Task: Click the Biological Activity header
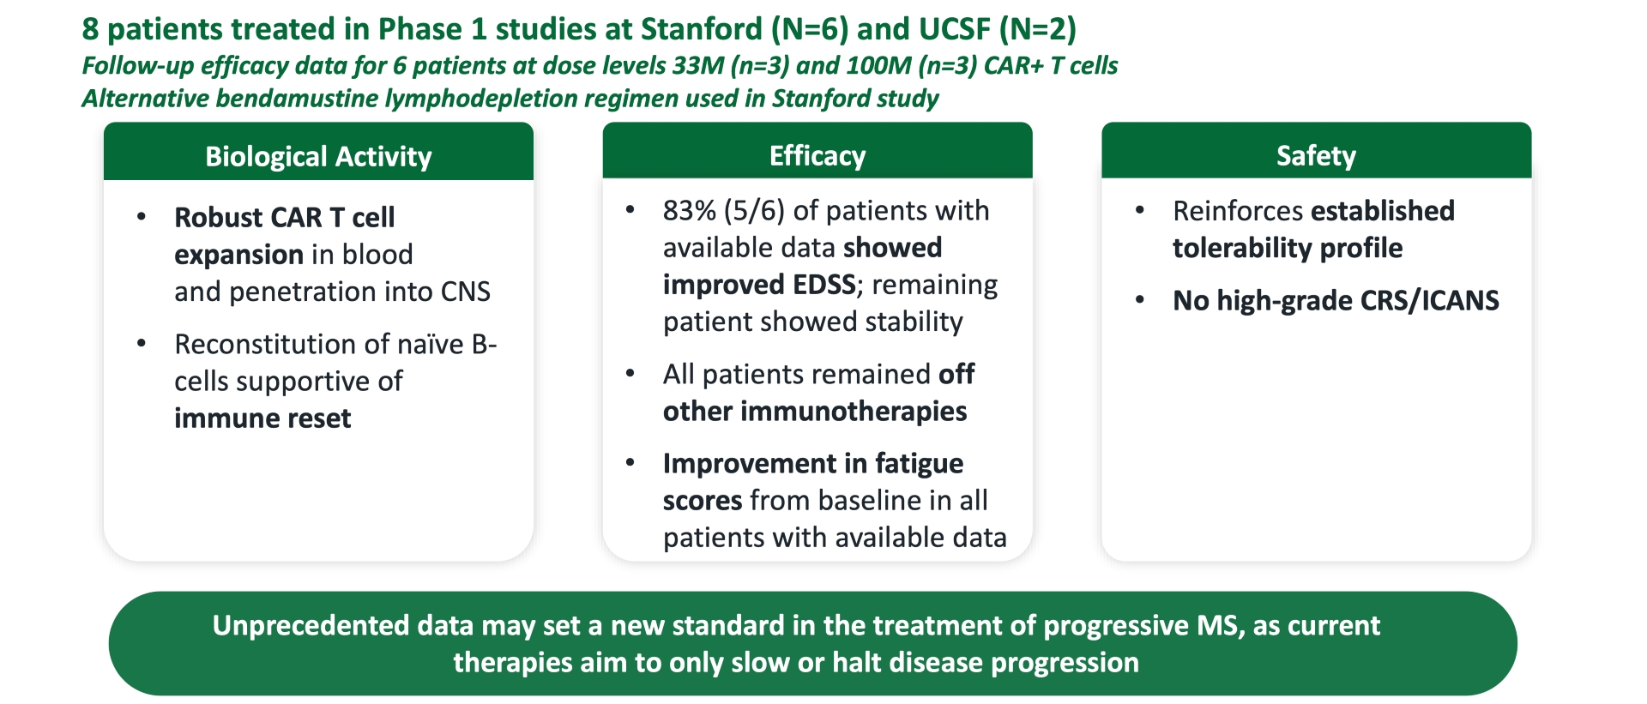[318, 156]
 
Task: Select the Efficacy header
[817, 155]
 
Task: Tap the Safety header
[1316, 155]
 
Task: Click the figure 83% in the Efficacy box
[689, 210]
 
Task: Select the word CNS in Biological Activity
[465, 292]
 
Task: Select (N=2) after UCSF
[1038, 29]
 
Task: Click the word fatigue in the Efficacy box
[919, 463]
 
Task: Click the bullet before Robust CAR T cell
[142, 217]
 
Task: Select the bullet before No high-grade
[1140, 300]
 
